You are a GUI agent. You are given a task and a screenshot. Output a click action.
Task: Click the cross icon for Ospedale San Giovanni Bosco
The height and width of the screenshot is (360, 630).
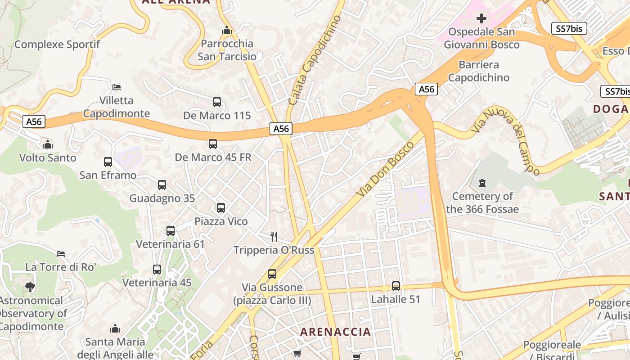click(x=481, y=18)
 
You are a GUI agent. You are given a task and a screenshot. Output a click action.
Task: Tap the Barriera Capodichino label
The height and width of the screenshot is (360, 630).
click(x=479, y=71)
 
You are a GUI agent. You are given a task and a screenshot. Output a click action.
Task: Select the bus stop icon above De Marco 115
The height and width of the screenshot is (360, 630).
click(x=217, y=102)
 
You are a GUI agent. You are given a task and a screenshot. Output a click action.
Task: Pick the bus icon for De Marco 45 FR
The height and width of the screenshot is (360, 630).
click(x=213, y=144)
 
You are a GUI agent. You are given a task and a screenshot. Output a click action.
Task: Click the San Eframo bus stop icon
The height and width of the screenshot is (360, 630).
click(x=108, y=162)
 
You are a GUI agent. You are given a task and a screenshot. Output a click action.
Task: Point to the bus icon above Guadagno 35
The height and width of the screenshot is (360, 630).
click(x=162, y=185)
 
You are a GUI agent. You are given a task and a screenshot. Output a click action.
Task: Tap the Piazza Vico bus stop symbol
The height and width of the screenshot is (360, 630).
click(x=221, y=208)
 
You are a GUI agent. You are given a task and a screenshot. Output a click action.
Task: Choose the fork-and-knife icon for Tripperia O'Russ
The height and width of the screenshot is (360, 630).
click(x=274, y=237)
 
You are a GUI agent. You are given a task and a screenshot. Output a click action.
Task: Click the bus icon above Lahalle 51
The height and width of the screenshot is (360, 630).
click(x=396, y=286)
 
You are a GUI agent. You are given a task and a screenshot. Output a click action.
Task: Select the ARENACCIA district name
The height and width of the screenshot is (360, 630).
click(x=336, y=332)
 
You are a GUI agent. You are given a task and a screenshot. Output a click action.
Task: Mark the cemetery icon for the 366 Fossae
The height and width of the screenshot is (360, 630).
click(x=482, y=183)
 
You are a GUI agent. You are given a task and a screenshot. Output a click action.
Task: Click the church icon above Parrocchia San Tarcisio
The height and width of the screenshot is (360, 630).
click(x=227, y=31)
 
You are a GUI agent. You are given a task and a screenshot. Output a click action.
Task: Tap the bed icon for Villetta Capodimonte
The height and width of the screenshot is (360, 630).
click(x=117, y=87)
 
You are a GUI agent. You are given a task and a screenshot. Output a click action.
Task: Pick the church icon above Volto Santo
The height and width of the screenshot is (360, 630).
click(x=47, y=144)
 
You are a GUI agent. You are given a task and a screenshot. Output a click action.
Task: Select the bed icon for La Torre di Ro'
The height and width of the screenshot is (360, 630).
click(x=61, y=254)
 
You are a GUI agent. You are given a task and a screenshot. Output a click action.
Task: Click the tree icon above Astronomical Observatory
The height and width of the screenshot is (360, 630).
click(x=30, y=287)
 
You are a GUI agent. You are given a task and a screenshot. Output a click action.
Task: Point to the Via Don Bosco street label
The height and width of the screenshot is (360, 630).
click(x=385, y=169)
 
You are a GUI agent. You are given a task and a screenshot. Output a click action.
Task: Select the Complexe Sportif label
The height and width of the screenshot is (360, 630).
click(x=57, y=45)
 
